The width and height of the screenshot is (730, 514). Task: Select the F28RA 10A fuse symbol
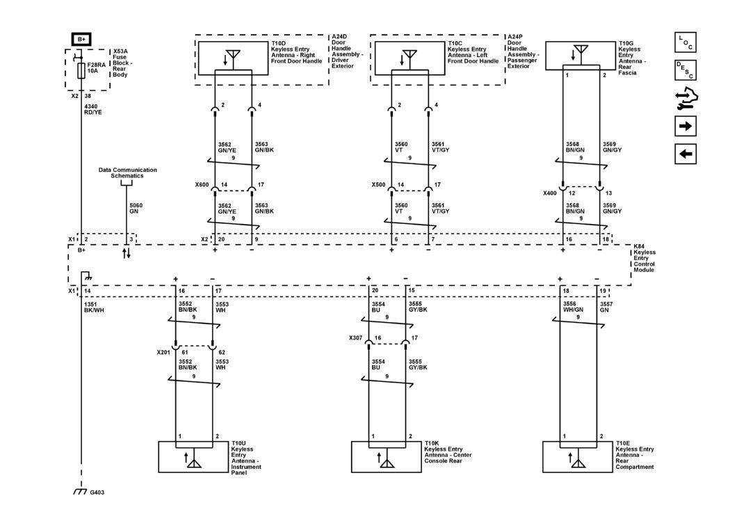point(82,70)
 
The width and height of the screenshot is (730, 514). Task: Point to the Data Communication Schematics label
point(127,172)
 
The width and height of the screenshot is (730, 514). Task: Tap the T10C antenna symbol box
point(409,56)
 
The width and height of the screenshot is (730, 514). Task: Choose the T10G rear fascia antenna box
point(581,55)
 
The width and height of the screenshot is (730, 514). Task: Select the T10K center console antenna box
point(386,456)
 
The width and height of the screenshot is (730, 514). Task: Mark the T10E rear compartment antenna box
point(577,456)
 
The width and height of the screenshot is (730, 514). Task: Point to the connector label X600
point(202,186)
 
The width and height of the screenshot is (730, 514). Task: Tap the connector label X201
point(164,353)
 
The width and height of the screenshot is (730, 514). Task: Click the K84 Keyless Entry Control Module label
point(644,257)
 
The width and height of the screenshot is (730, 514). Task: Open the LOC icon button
point(685,42)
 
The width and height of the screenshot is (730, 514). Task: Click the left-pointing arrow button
point(685,154)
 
